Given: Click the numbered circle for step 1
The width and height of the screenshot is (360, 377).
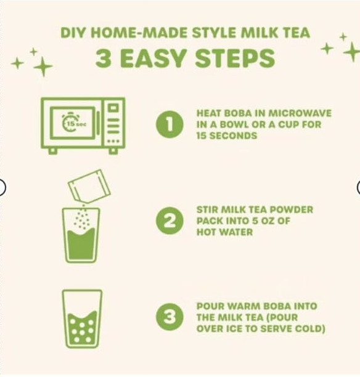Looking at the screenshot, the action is coord(170,124).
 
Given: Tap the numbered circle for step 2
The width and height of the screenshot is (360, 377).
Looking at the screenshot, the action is coord(170,221).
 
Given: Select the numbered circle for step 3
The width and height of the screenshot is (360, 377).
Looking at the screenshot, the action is coord(170,317).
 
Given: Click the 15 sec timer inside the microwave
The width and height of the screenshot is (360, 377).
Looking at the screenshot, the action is coord(73,123).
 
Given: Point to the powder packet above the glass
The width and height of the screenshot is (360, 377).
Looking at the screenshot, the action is coord(89,186).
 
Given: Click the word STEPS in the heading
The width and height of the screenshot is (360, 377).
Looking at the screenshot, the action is coord(235,58).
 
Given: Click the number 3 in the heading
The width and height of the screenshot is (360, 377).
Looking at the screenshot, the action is coord(103,58).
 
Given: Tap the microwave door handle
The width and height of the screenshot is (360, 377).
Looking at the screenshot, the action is coord(98,123).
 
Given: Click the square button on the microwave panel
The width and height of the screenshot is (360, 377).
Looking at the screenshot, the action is coord(113,107).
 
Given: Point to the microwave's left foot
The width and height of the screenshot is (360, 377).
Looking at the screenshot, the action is coord(53,151).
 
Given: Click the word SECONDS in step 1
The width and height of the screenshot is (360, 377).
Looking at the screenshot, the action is coord(233,136).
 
